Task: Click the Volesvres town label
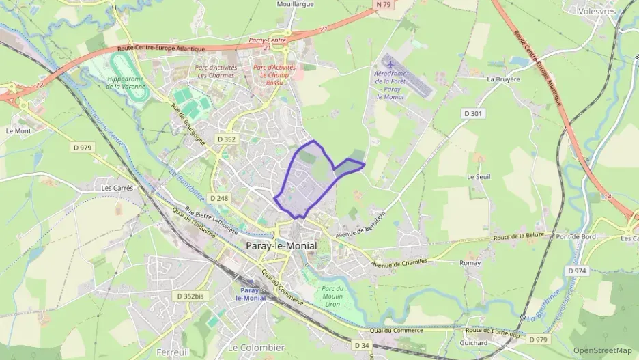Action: point(596,11)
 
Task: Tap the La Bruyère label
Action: point(503,79)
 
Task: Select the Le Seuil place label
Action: point(479,176)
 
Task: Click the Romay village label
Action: point(470,263)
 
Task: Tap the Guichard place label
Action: point(474,343)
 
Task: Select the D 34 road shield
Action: point(363,346)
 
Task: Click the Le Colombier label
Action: point(256,348)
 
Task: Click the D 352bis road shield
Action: point(190,296)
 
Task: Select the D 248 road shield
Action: point(219,198)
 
